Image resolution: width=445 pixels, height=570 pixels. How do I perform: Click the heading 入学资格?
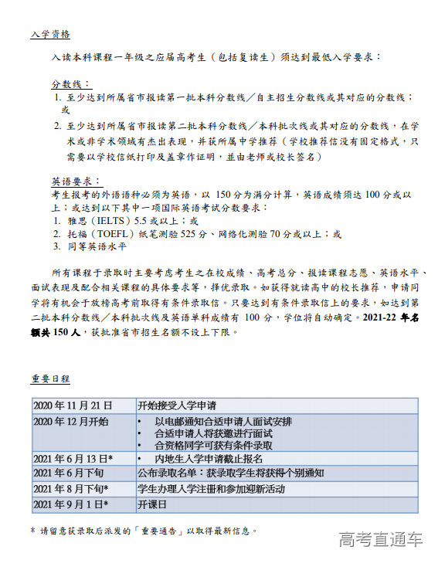pos(50,35)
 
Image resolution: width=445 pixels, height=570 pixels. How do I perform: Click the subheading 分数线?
pos(70,83)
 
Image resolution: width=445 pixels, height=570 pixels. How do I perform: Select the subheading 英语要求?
pos(70,181)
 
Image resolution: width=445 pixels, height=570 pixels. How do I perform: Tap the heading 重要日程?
pos(50,378)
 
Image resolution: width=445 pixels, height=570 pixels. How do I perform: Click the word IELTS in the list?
pos(114,220)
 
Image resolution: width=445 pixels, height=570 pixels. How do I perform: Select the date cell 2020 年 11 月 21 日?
pos(73,405)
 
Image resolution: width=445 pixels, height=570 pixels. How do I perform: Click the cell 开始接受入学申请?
pos(177,405)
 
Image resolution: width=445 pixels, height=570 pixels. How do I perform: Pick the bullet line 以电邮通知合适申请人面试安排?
pos(223,422)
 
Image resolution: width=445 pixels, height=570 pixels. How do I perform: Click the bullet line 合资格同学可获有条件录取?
pos(213,446)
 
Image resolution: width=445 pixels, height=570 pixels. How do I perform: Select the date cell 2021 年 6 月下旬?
pos(68,473)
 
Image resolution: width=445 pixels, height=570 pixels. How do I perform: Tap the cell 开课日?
pos(152,504)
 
